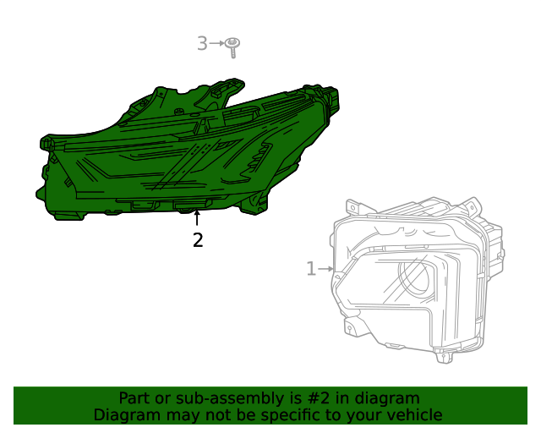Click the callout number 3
[202, 43]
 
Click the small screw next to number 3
[234, 44]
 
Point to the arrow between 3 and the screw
[216, 43]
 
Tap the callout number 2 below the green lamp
[198, 240]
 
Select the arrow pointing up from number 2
[198, 218]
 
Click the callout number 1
[311, 269]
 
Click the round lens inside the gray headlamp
[417, 278]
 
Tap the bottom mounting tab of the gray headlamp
[443, 354]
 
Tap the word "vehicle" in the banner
[413, 415]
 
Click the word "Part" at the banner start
[134, 398]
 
